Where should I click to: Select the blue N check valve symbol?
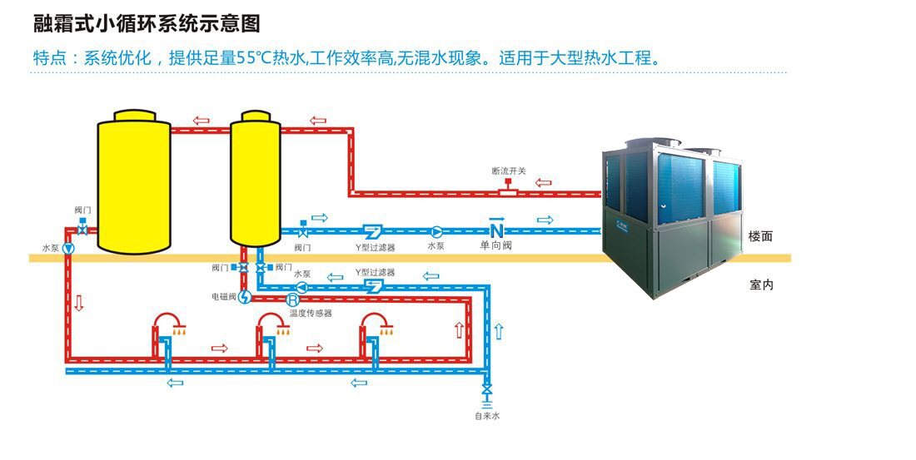496,229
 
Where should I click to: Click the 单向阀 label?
495,246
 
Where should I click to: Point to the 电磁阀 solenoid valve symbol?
244,296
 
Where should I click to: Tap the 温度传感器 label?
310,314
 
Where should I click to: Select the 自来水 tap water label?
487,415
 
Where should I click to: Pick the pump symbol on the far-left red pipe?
68,248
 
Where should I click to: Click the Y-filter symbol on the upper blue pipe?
372,230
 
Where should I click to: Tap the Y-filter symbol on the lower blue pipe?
372,286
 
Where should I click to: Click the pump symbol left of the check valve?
436,230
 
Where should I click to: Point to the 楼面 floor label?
760,236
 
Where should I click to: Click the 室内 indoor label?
761,285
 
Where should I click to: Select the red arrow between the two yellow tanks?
201,121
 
